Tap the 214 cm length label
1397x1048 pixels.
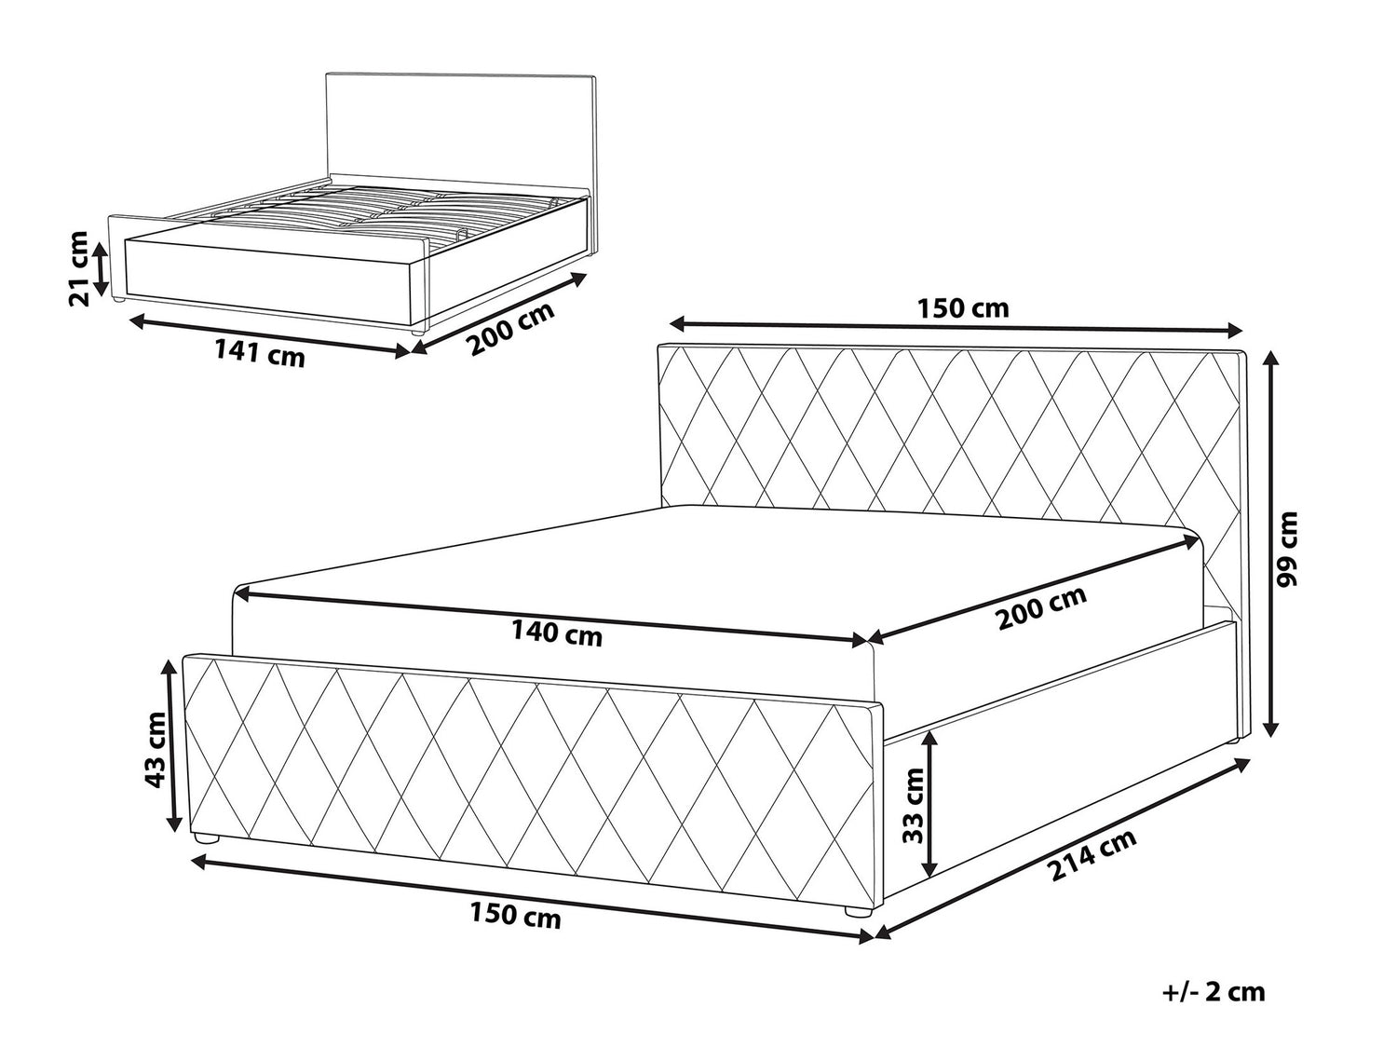coord(1092,854)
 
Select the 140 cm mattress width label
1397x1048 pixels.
coord(557,633)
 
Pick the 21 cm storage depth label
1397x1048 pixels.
coord(78,268)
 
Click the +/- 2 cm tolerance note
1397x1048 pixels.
coord(1214,992)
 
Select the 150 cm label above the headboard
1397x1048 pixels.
coord(964,308)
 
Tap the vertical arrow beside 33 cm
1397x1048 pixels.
coord(929,803)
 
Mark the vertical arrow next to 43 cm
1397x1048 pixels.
coord(172,746)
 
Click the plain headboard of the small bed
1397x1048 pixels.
coord(461,130)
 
